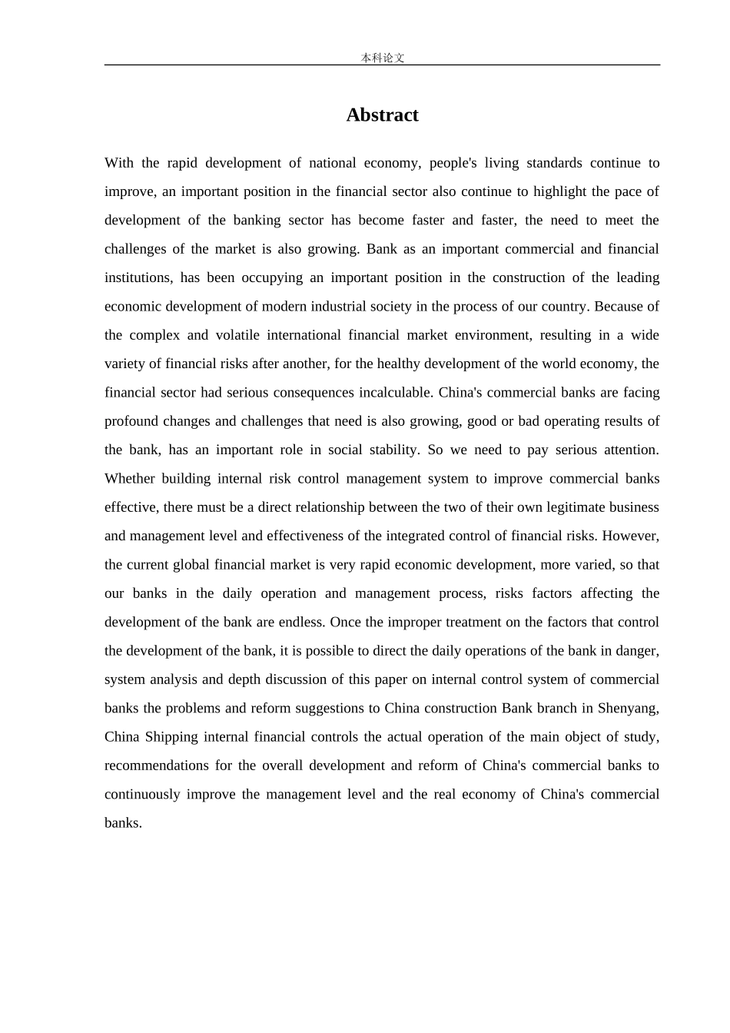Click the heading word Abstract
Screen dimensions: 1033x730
click(382, 115)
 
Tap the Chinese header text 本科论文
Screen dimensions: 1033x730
click(382, 58)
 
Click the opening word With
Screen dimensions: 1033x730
click(119, 163)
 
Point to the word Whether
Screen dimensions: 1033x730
click(129, 479)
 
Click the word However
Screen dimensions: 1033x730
click(631, 536)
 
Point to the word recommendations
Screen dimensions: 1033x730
click(156, 766)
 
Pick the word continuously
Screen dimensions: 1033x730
click(141, 794)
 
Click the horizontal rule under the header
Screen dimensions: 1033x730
click(382, 65)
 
